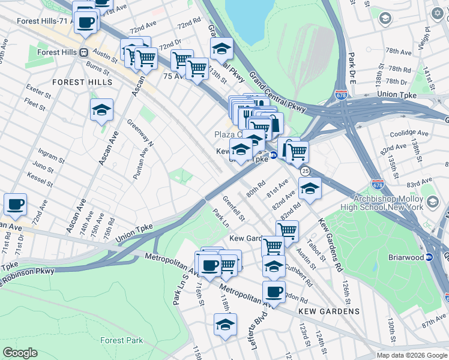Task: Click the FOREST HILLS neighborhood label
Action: pos(82,82)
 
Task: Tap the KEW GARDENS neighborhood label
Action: pos(330,311)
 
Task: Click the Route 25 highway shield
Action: pos(305,172)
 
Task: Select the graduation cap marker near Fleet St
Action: pos(102,110)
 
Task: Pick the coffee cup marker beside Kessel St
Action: pos(15,204)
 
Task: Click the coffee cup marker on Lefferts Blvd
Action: pos(274,292)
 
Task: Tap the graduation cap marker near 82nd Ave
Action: pos(310,188)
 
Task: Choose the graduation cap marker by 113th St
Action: pos(221,48)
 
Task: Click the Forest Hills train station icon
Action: pos(85,52)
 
